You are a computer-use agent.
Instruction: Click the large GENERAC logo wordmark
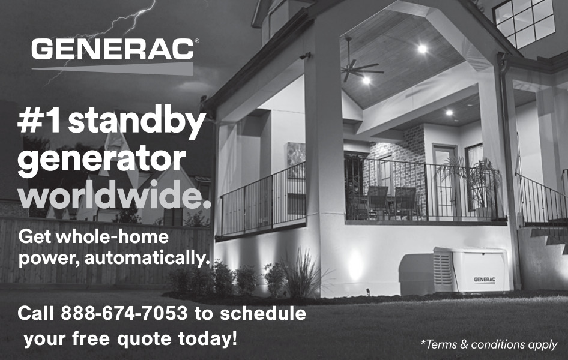point(113,49)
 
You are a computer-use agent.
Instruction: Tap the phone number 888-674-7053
point(124,313)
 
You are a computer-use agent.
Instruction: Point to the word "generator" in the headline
point(102,159)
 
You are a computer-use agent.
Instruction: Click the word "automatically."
point(148,259)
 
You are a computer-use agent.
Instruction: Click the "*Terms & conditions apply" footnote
point(489,344)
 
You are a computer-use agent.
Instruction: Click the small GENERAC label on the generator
point(485,280)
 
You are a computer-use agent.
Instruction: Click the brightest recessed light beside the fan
point(422,49)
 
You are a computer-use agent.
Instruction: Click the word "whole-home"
point(112,237)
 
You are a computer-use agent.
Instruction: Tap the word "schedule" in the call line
point(263,313)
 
